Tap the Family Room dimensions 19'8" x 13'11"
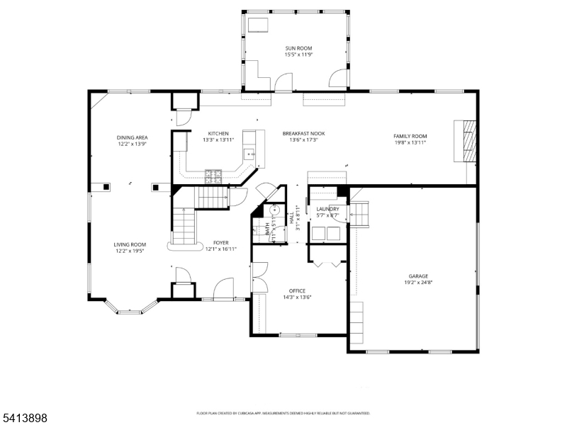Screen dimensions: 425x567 [x=410, y=142]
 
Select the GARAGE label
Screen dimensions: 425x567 [x=417, y=276]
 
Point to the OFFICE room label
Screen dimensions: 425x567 [x=296, y=290]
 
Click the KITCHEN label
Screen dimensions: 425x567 [x=218, y=134]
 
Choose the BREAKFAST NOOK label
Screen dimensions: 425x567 [x=303, y=134]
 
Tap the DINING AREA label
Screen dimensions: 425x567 [x=132, y=137]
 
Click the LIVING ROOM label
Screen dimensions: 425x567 [x=130, y=244]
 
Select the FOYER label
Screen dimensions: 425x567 [x=220, y=243]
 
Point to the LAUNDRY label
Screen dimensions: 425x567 [x=327, y=209]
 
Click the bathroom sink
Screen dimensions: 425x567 [x=273, y=210]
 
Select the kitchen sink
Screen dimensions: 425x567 [x=249, y=153]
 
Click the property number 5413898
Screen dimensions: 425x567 [x=24, y=419]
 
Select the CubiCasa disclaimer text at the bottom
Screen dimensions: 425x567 [x=283, y=413]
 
